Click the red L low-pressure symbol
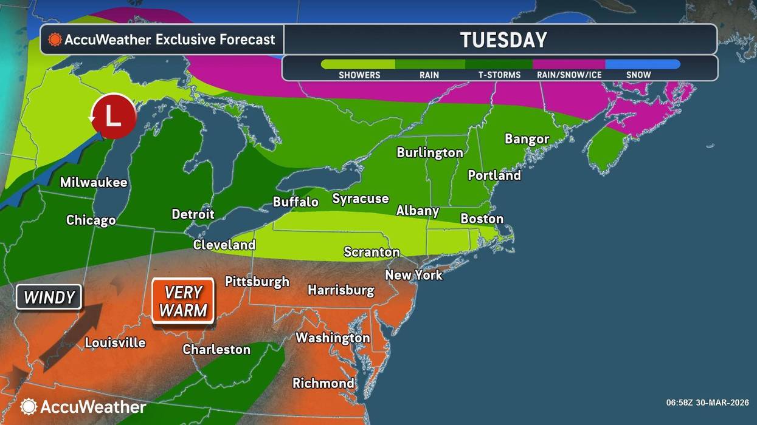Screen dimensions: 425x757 point(113,115)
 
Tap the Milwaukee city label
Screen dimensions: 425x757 point(94,182)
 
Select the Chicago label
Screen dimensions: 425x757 point(91,220)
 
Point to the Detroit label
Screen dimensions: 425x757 point(193,214)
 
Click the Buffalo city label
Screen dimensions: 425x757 point(296,202)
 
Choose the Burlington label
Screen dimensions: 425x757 point(430,152)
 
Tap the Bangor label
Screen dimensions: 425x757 point(527,138)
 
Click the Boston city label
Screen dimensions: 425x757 point(482,219)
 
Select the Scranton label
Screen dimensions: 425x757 point(372,251)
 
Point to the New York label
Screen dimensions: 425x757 point(413,274)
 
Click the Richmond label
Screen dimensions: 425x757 point(323,382)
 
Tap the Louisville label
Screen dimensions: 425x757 point(115,342)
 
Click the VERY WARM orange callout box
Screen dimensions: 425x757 point(183,301)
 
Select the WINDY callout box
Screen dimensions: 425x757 point(49,297)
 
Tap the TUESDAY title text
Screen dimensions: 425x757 point(503,40)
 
